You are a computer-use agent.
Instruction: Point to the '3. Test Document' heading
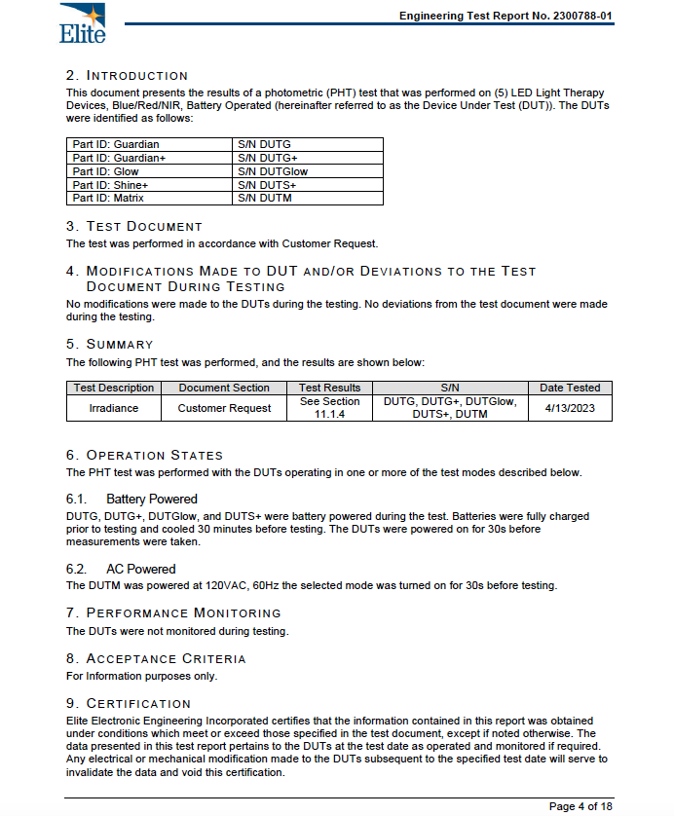[134, 226]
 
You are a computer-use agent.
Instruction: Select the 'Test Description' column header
[114, 388]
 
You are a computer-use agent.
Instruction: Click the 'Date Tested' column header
[570, 388]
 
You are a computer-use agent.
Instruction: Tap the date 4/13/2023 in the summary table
[570, 408]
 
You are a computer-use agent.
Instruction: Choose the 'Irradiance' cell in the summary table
[114, 408]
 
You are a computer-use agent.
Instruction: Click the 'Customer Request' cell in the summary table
[224, 408]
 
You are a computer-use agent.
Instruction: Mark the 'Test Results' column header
[329, 388]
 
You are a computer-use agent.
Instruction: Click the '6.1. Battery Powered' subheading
[131, 499]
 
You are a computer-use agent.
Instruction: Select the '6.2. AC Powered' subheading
[121, 569]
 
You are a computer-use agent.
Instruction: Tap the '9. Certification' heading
[129, 703]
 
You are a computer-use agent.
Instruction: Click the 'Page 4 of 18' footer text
[580, 806]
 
